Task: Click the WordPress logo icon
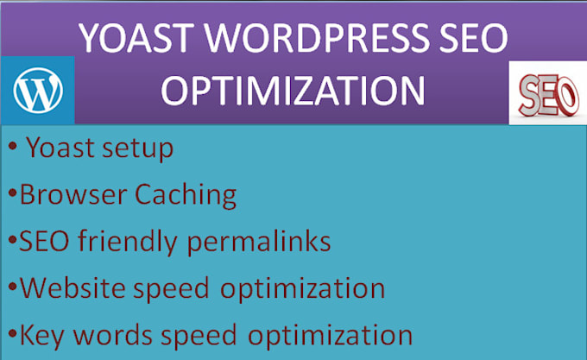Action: pos(38,90)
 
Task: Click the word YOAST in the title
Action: pos(136,38)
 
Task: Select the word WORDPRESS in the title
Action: pos(316,38)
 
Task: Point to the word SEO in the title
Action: pos(474,38)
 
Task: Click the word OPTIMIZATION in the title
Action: pos(293,91)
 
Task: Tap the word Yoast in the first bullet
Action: pos(60,147)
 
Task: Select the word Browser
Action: pos(73,194)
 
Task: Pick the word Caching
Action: pos(186,195)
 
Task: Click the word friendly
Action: pos(127,242)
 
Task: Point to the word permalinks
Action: pos(259,242)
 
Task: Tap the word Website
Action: pos(73,287)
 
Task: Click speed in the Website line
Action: pos(171,288)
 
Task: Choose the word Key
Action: pos(42,335)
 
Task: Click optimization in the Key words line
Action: pos(330,335)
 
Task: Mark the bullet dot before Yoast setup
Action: pos(12,146)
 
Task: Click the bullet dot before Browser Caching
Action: pos(12,193)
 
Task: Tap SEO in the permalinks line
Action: pos(44,241)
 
